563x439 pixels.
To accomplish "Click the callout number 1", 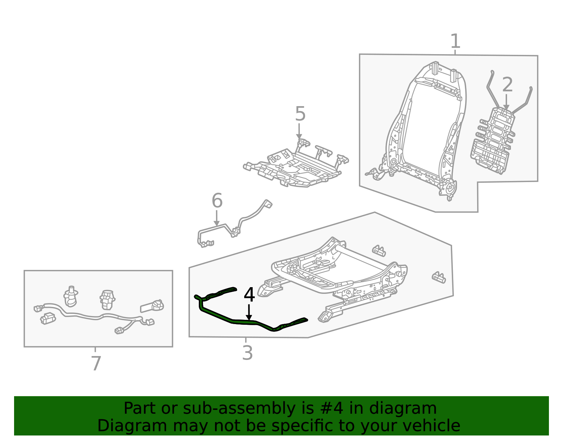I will click(455, 41).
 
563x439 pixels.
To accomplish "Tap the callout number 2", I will click(507, 85).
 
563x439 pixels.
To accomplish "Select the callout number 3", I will click(247, 353).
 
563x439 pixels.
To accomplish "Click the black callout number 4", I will click(249, 295).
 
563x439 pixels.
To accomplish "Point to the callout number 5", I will click(300, 114).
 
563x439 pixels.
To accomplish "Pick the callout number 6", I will click(217, 201).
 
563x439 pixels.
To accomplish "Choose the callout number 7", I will click(96, 363).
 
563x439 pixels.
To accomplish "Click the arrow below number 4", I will click(249, 312).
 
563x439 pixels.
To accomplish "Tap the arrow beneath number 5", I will click(299, 131).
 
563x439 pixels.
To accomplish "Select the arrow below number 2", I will click(506, 102).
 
